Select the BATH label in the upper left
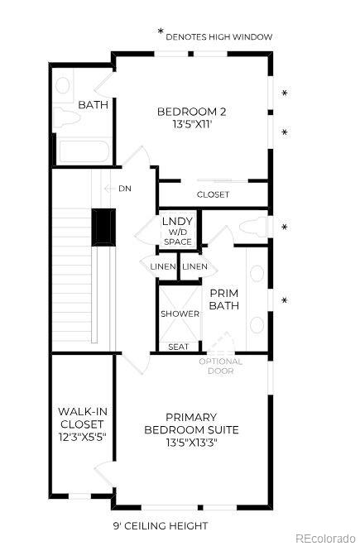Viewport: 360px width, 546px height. (92, 105)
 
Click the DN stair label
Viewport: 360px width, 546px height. (124, 189)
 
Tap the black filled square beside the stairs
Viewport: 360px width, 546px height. (103, 226)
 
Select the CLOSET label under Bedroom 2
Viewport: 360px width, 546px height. (213, 194)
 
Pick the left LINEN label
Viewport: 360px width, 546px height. (163, 266)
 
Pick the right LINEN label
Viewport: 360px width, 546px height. (194, 266)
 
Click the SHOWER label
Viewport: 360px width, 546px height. (180, 314)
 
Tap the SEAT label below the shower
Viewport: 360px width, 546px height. (178, 347)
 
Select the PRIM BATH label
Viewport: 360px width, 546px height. (223, 299)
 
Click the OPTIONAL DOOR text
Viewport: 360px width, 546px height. (221, 366)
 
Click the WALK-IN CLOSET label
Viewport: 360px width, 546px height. (82, 423)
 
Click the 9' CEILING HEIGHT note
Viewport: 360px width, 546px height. (161, 525)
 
